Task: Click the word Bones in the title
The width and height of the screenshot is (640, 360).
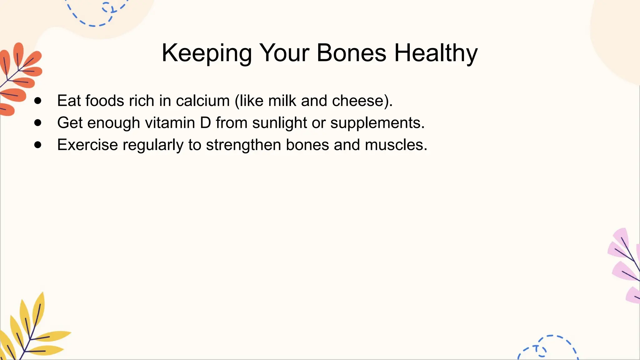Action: click(x=351, y=53)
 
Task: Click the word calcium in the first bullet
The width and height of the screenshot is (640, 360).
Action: click(x=203, y=101)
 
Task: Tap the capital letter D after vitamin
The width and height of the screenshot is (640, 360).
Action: click(x=205, y=123)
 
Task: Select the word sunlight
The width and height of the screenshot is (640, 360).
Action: click(x=279, y=123)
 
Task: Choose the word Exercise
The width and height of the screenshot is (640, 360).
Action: click(x=87, y=145)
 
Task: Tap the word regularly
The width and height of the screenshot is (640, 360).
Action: click(x=153, y=145)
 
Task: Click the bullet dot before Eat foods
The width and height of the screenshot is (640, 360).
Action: click(x=38, y=101)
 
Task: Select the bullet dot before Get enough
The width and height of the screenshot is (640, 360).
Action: click(x=38, y=123)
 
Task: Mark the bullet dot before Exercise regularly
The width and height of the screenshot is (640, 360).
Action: click(x=38, y=145)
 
